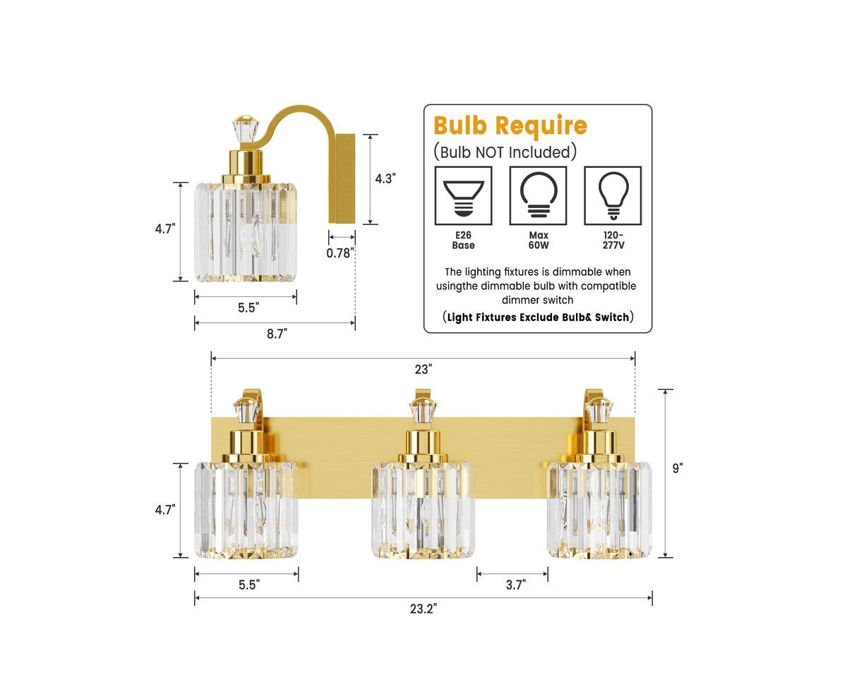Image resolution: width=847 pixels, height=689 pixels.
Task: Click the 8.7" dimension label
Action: pyautogui.click(x=277, y=334)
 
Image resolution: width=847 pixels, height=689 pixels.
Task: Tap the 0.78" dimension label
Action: pyautogui.click(x=340, y=252)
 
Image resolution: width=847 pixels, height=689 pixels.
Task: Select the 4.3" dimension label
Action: pyautogui.click(x=385, y=179)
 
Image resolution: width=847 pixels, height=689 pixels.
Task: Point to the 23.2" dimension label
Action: pyautogui.click(x=423, y=609)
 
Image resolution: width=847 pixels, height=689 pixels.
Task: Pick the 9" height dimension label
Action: pyautogui.click(x=678, y=468)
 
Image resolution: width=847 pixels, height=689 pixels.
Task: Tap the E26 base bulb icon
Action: pyautogui.click(x=463, y=195)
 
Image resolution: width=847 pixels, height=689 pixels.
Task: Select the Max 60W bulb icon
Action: pyautogui.click(x=538, y=195)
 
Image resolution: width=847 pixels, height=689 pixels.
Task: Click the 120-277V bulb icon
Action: pyautogui.click(x=613, y=195)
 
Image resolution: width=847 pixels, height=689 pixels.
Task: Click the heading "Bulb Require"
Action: pyautogui.click(x=510, y=126)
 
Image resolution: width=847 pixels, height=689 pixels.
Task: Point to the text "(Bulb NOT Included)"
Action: pyautogui.click(x=505, y=152)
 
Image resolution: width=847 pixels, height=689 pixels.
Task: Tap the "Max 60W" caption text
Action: pyautogui.click(x=538, y=240)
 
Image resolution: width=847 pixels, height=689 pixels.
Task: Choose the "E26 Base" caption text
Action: pyautogui.click(x=463, y=240)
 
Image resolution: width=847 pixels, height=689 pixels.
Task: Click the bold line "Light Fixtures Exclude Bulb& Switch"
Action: pyautogui.click(x=538, y=317)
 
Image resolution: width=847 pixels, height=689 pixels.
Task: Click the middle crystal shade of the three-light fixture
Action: pyautogui.click(x=422, y=506)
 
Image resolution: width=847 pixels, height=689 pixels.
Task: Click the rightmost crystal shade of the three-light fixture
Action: pyautogui.click(x=599, y=506)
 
